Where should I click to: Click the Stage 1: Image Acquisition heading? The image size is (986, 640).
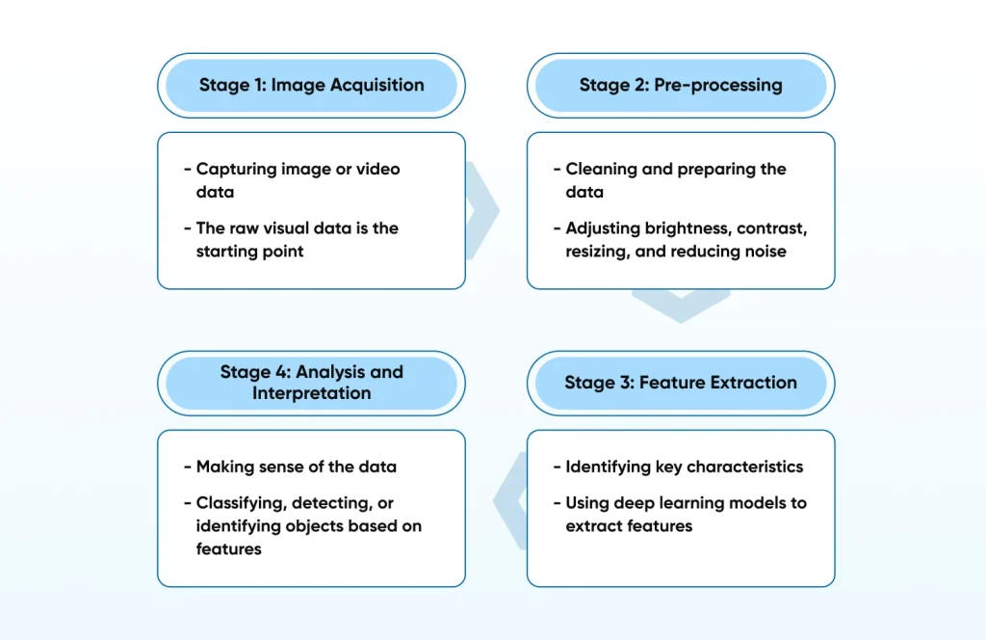[x=311, y=85]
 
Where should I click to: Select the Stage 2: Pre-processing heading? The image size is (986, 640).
[x=680, y=85]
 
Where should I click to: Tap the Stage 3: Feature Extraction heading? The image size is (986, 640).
[x=680, y=383]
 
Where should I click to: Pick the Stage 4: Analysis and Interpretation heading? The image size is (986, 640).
[x=311, y=382]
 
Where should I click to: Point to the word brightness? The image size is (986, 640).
[x=683, y=228]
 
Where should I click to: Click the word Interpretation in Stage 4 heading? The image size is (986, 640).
[x=311, y=393]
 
